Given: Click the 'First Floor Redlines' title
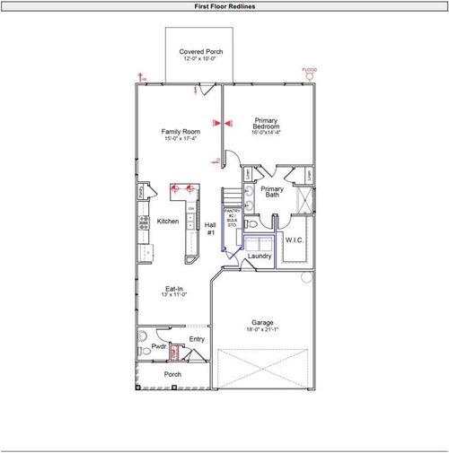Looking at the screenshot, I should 224,6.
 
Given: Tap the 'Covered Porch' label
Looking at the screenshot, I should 201,52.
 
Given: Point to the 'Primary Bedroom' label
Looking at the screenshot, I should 266,124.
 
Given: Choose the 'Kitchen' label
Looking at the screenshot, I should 168,222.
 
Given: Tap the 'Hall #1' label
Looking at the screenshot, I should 211,229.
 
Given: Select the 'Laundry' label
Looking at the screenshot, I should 260,257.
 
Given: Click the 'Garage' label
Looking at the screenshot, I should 262,322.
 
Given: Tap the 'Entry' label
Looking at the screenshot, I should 197,339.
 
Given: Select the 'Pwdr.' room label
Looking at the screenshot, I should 158,346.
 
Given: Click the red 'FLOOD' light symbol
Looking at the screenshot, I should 309,70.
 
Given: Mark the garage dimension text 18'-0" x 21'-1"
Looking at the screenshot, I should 262,330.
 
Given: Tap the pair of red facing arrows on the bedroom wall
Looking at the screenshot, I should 222,121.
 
